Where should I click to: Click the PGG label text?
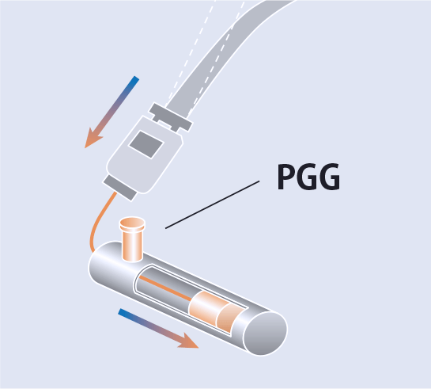coord(308,177)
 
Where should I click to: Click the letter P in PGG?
coord(286,177)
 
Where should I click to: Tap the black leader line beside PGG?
coord(212,204)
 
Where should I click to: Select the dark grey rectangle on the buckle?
coord(146,144)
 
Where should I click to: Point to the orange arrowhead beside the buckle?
coord(93,139)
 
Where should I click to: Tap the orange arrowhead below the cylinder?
coord(189,341)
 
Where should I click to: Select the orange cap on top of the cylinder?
coord(132,223)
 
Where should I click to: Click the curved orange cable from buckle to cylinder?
coord(98,220)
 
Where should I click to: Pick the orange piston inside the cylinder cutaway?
coord(216,311)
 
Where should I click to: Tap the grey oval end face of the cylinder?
coord(266,334)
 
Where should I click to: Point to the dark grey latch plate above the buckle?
coord(171,117)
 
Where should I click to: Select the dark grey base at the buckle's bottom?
coord(120,189)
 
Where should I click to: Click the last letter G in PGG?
coord(330,177)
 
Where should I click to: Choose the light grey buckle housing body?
coord(144,154)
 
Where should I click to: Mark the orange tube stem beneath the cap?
coord(132,246)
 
